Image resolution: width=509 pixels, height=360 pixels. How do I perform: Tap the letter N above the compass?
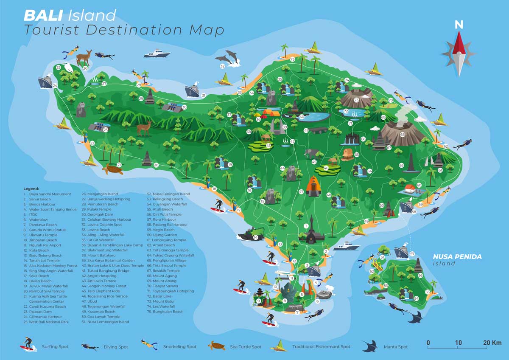459,25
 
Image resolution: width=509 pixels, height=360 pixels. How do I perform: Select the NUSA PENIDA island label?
457,257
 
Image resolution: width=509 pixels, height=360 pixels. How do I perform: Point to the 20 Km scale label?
492,343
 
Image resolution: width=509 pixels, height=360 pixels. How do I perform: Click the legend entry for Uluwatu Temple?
43,235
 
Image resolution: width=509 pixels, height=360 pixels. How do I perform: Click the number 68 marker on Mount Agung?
402,135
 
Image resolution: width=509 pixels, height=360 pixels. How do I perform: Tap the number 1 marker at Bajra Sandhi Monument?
306,226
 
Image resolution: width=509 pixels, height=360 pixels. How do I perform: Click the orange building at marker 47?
312,186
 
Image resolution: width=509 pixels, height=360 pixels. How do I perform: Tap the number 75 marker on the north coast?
292,59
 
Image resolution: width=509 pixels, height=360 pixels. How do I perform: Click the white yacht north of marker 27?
157,54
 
